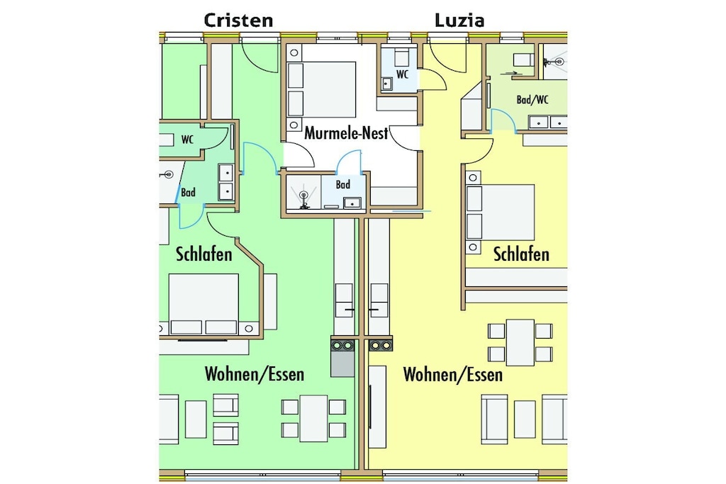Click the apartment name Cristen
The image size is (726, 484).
[238, 21]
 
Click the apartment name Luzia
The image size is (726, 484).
[459, 21]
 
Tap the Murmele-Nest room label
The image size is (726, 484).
[346, 133]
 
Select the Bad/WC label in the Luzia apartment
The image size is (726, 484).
[532, 99]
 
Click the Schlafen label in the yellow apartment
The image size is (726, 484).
[521, 254]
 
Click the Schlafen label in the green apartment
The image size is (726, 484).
[203, 254]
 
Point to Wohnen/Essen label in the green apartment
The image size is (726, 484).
[255, 374]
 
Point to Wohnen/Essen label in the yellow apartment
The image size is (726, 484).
[453, 374]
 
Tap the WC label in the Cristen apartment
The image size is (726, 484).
[187, 140]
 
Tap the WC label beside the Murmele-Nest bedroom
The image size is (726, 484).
[403, 74]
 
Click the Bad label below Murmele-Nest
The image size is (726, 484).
[343, 185]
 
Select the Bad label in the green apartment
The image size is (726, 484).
[188, 192]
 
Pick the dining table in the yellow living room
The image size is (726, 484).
[520, 342]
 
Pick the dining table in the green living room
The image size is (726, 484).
[313, 418]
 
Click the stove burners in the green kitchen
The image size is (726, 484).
[342, 345]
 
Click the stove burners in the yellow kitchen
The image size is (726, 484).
[381, 345]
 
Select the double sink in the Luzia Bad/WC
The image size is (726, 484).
[548, 123]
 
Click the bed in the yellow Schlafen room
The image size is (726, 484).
[501, 212]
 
